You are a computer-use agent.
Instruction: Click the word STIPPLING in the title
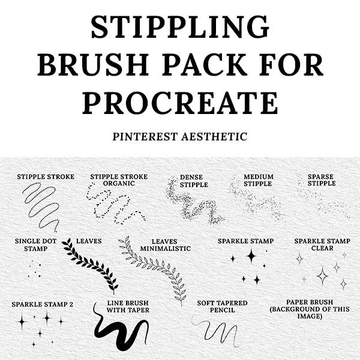point(180,27)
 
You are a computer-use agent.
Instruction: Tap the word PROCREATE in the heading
point(180,103)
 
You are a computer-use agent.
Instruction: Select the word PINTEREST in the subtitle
point(145,137)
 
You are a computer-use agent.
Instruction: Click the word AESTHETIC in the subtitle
point(214,137)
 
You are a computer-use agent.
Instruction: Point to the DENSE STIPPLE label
point(194,181)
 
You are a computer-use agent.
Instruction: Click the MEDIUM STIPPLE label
point(259,180)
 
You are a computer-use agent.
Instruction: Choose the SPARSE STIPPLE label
point(322,180)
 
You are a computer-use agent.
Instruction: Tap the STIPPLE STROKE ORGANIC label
point(119,180)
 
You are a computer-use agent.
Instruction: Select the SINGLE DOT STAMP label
point(35,245)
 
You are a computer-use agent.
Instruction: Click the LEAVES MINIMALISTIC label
point(166,245)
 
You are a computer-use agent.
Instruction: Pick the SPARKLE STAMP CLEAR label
point(322,245)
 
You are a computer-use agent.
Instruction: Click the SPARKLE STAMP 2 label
point(42,304)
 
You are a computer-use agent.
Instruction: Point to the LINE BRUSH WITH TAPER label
point(128,307)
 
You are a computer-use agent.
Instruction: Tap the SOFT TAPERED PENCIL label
point(222,307)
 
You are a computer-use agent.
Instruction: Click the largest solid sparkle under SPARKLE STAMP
point(251,256)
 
